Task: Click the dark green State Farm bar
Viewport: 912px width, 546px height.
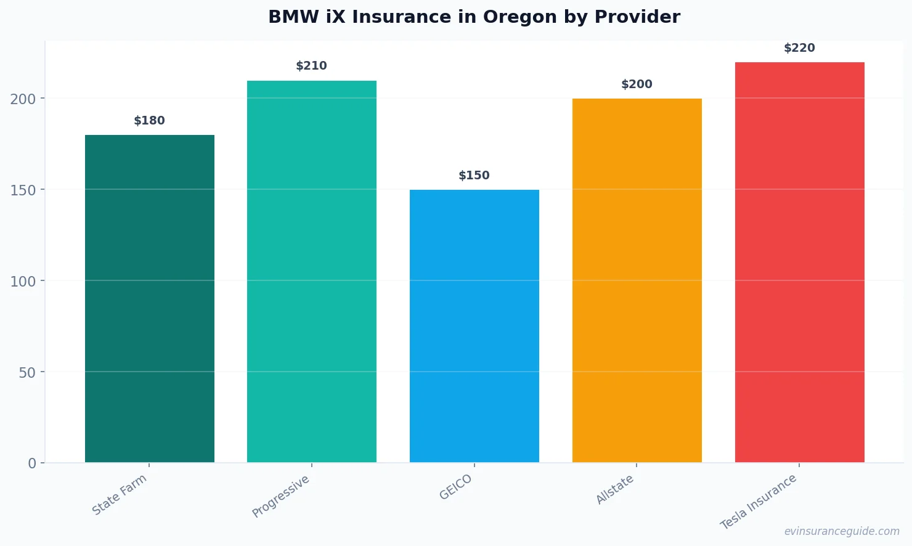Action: pos(150,299)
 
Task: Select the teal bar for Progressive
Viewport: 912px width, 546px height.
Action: pos(312,271)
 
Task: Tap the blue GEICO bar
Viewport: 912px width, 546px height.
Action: pos(474,326)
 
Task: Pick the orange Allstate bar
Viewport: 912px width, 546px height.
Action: pos(637,280)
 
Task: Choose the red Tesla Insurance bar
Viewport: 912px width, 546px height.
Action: pos(799,262)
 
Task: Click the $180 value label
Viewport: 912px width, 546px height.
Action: pos(150,121)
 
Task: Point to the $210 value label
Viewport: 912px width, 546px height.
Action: pos(312,66)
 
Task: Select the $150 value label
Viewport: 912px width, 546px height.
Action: pos(474,176)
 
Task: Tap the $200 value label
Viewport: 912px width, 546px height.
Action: pos(637,84)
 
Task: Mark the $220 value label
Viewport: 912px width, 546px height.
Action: pos(799,48)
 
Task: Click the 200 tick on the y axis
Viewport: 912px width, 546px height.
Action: pos(23,99)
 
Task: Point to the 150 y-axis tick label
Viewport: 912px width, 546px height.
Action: pos(23,190)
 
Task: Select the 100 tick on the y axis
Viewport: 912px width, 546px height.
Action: pos(23,282)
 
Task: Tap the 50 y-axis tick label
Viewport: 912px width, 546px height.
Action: pos(27,373)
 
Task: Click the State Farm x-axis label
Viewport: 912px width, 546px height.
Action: pos(120,494)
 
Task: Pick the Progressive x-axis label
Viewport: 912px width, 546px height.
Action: pos(281,496)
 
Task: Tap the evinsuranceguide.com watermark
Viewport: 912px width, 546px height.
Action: pos(842,531)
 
